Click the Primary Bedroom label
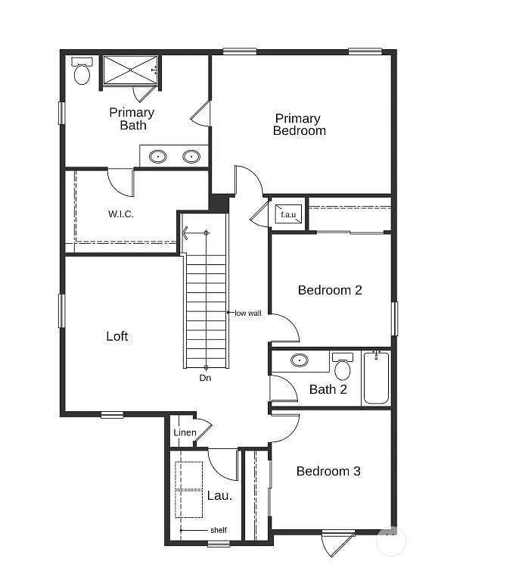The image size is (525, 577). point(300,124)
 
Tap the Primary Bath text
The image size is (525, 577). point(132,119)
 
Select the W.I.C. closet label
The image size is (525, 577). point(121,214)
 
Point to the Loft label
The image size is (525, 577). point(117,336)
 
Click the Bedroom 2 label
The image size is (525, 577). point(330,290)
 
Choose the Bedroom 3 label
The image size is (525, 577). point(328,471)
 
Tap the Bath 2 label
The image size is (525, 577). point(328,390)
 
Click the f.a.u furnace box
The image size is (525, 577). point(288,214)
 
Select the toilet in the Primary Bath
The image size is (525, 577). point(82,72)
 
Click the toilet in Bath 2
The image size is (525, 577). point(343,367)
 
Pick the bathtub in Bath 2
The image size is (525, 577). point(376,378)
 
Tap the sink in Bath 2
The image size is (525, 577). point(300,360)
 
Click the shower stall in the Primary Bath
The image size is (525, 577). point(130,70)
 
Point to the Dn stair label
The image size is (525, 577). point(205,377)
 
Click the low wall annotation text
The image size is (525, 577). point(248,313)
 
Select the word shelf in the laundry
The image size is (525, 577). point(218,530)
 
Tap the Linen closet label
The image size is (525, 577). point(185,433)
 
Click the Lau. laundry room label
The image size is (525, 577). point(219,496)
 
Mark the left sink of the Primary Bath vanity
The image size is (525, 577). point(158,157)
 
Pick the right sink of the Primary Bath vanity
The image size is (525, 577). point(191,157)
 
